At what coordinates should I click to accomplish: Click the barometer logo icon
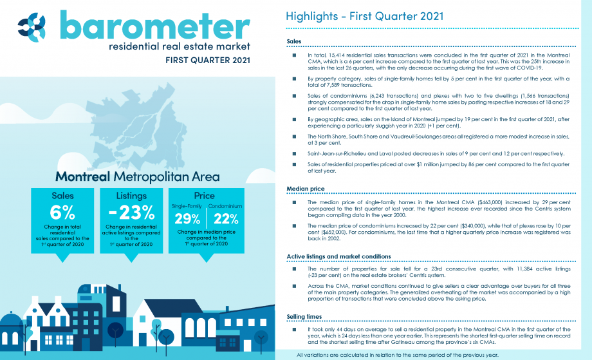click(x=32, y=27)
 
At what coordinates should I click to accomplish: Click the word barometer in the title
click(x=155, y=25)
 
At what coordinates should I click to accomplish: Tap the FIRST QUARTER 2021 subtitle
click(x=208, y=60)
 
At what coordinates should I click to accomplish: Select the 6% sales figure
click(x=62, y=213)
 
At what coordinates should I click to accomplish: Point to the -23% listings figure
click(x=131, y=213)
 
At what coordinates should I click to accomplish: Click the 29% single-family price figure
click(x=187, y=219)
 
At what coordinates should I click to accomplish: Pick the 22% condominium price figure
click(x=226, y=219)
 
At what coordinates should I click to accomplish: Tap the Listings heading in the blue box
click(x=131, y=196)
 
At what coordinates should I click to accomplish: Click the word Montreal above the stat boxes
click(x=82, y=176)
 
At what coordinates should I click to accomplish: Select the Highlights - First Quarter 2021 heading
click(x=364, y=16)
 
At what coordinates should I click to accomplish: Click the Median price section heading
click(x=306, y=189)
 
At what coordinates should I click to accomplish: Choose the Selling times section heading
click(x=304, y=317)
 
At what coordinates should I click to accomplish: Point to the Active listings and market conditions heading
click(x=338, y=256)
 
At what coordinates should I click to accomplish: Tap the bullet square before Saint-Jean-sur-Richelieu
click(x=294, y=154)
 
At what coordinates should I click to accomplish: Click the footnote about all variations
click(x=397, y=355)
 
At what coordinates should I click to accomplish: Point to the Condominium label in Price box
click(x=225, y=206)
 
